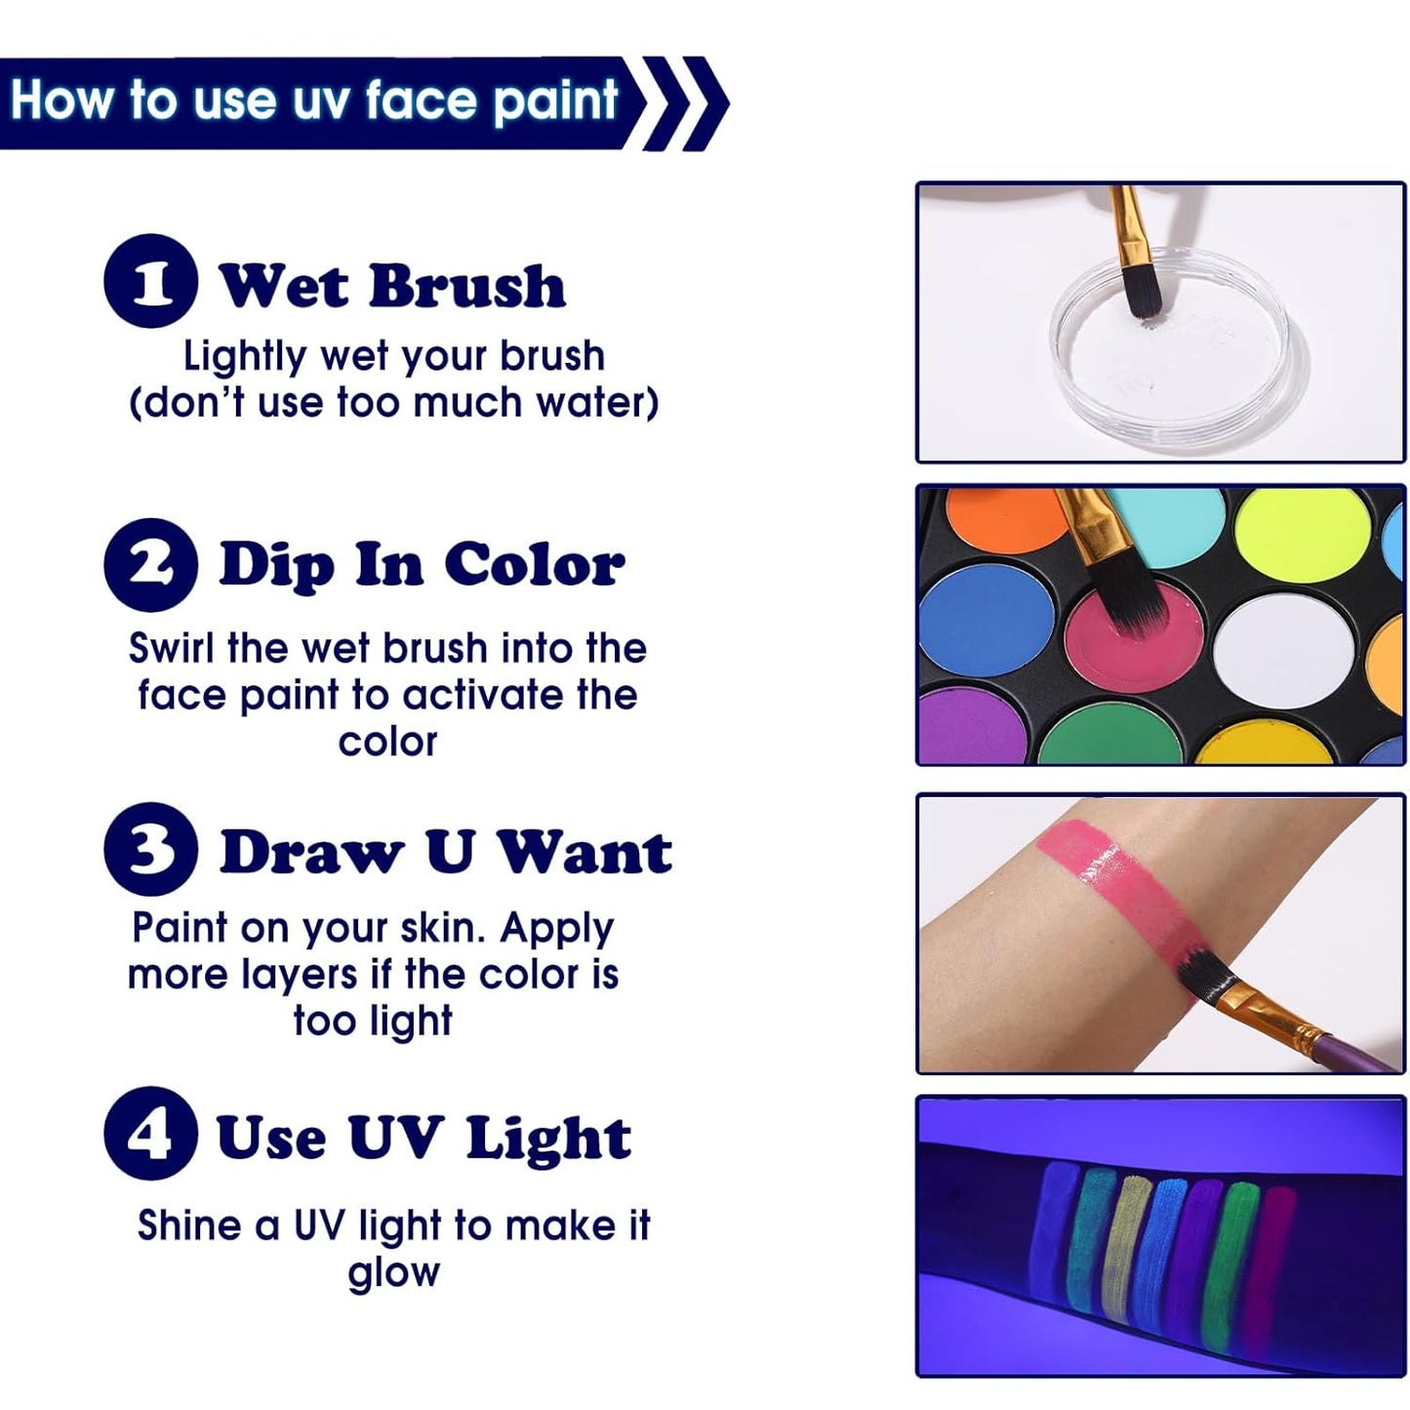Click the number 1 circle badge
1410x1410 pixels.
pyautogui.click(x=150, y=281)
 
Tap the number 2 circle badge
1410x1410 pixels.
pyautogui.click(x=150, y=565)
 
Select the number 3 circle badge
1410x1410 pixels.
pyautogui.click(x=150, y=849)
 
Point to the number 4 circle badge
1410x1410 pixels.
pyautogui.click(x=150, y=1133)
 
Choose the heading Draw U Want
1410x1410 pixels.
pyautogui.click(x=446, y=852)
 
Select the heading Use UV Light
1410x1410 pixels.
pyautogui.click(x=423, y=1138)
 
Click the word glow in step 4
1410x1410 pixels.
pyautogui.click(x=393, y=1273)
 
